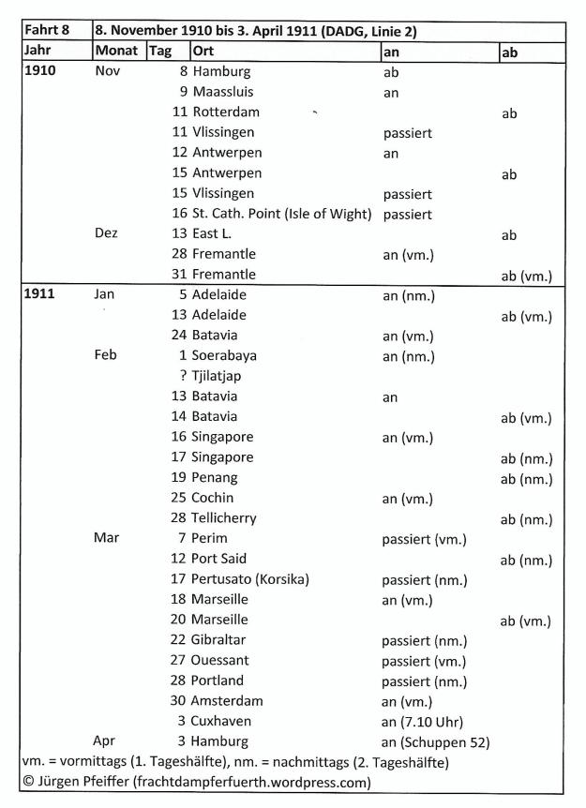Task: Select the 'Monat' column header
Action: tap(117, 51)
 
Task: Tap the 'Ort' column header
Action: tap(203, 51)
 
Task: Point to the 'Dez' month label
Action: tap(109, 233)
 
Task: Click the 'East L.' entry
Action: tap(215, 233)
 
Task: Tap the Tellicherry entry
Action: tap(224, 518)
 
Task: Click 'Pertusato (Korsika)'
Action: tap(250, 579)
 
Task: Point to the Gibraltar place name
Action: tap(221, 640)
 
